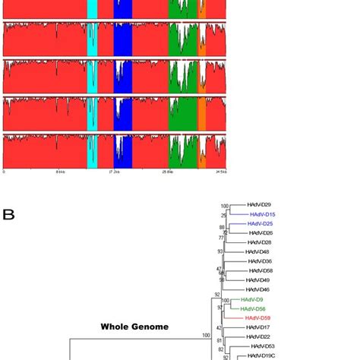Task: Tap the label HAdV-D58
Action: pyautogui.click(x=263, y=271)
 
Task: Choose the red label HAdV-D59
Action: pyautogui.click(x=257, y=318)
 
